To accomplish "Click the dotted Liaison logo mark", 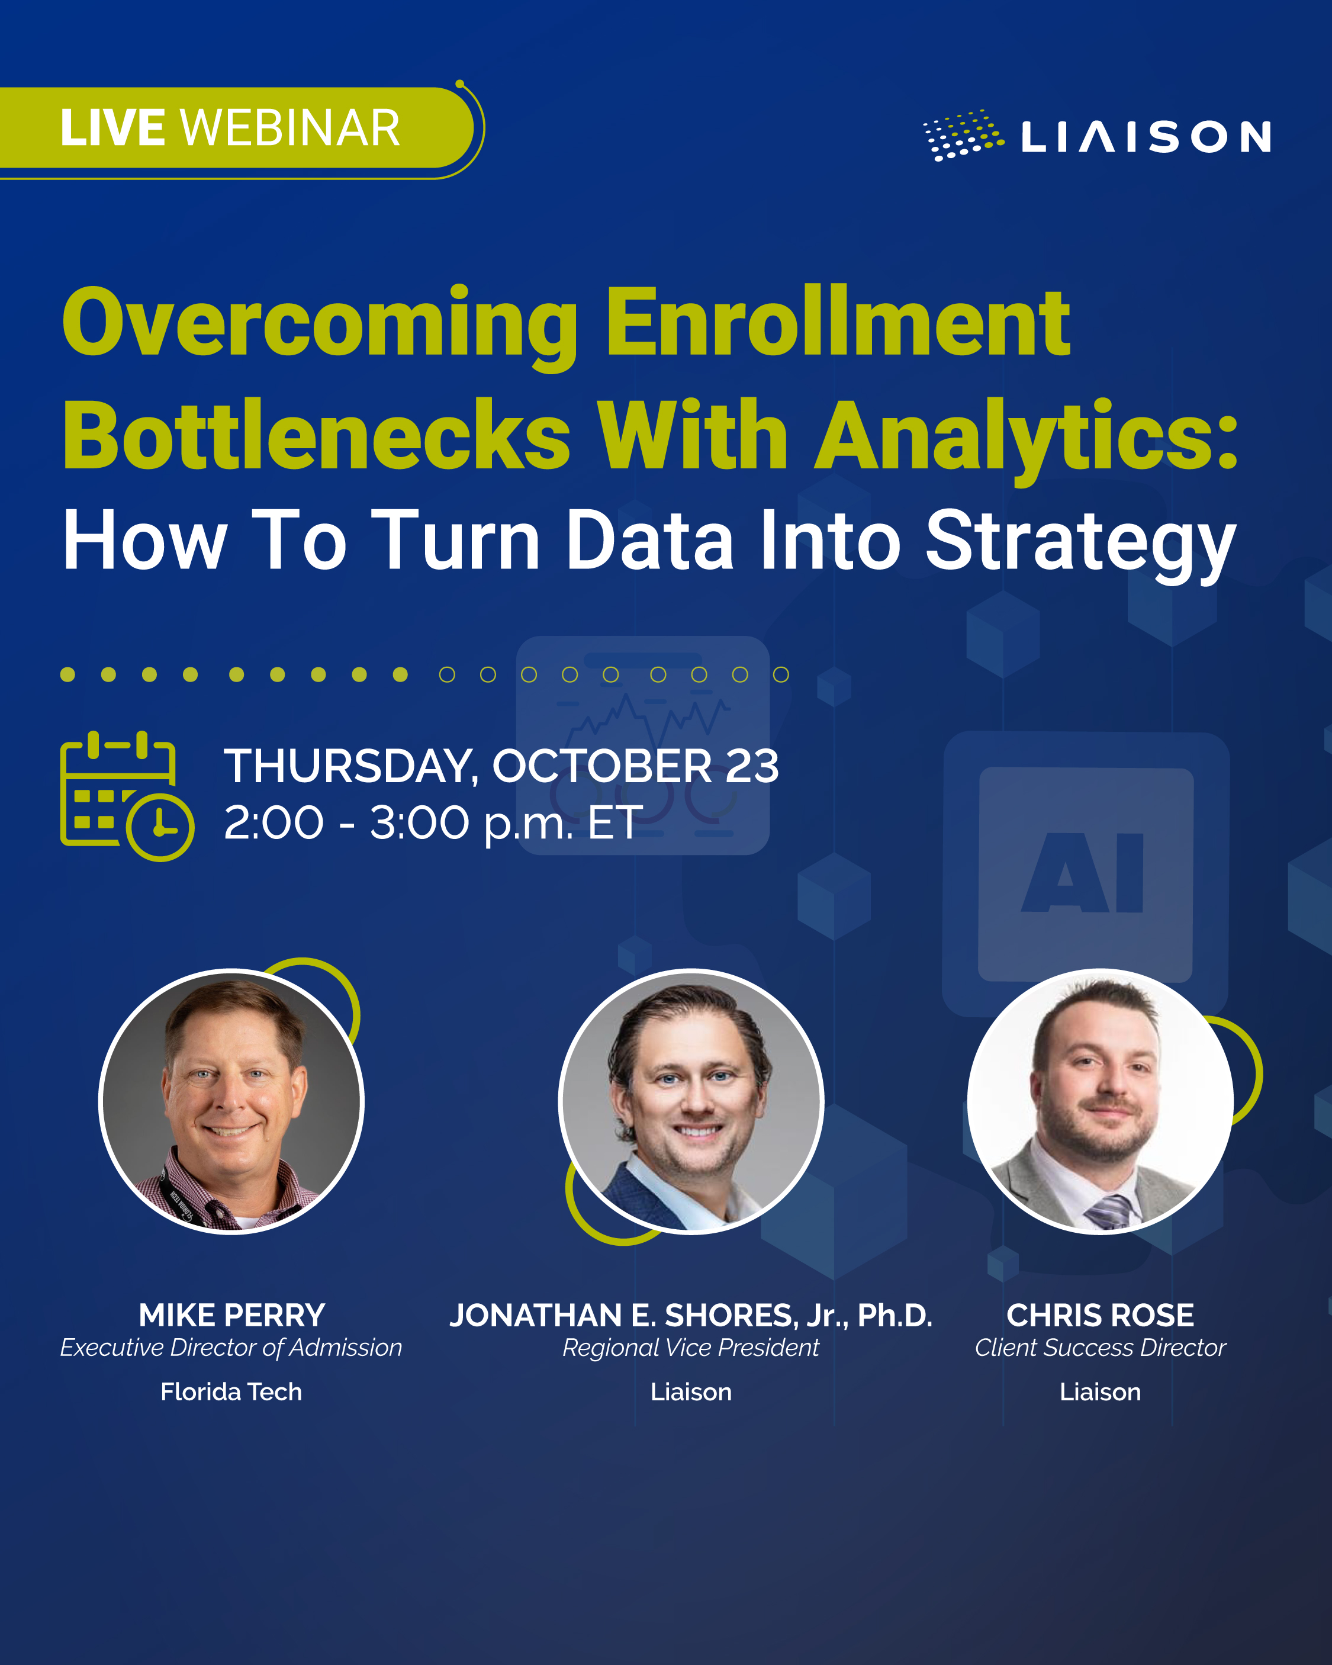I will pyautogui.click(x=963, y=135).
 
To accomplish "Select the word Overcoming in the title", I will pyautogui.click(x=320, y=323).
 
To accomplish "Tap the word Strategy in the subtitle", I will pyautogui.click(x=1080, y=541).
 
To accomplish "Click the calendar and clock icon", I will pyautogui.click(x=126, y=795).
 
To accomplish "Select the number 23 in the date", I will pyautogui.click(x=751, y=766).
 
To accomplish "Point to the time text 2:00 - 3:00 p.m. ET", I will pyautogui.click(x=432, y=822).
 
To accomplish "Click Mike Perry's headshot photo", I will pyautogui.click(x=231, y=1101).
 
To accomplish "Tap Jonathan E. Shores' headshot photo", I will pyautogui.click(x=690, y=1101).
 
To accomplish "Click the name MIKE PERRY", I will pyautogui.click(x=231, y=1315).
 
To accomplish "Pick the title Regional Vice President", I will pyautogui.click(x=690, y=1348).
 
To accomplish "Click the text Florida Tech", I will pyautogui.click(x=231, y=1391).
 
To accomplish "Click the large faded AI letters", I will pyautogui.click(x=1083, y=873).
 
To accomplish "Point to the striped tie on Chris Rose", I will pyautogui.click(x=1109, y=1210).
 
